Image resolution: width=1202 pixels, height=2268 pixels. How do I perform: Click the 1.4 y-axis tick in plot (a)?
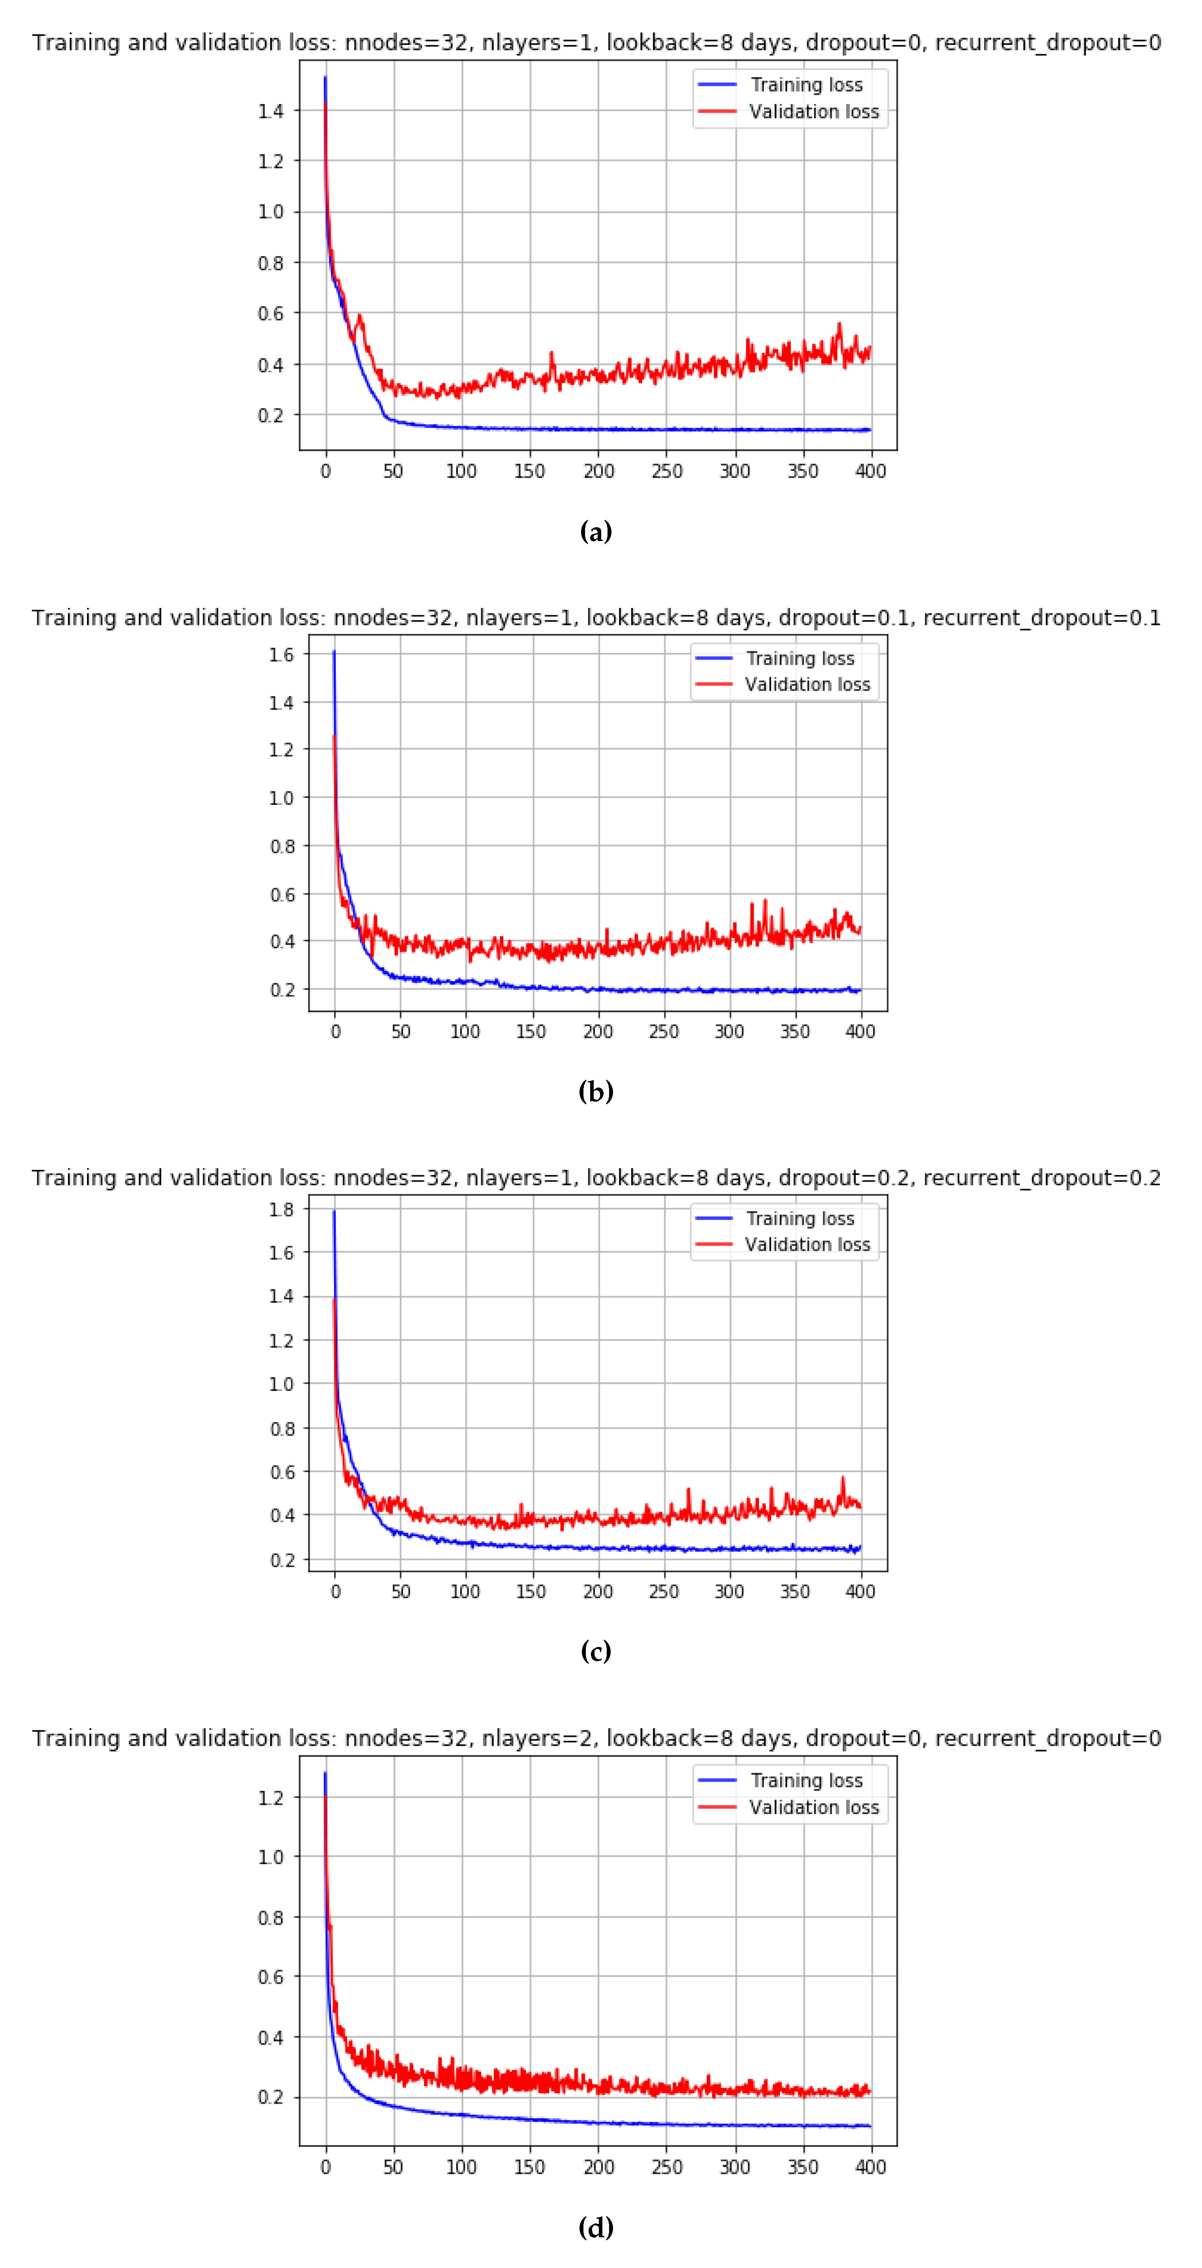(270, 111)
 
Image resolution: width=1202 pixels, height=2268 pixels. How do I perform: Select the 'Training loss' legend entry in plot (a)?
(806, 85)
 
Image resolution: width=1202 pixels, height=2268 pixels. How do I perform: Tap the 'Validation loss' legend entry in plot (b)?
(806, 684)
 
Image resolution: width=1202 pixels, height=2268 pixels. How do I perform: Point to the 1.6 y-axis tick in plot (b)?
(281, 654)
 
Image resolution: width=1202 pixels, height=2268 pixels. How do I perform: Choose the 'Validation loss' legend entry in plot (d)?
(814, 1807)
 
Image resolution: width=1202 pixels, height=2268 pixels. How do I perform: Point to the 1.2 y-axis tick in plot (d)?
(270, 1797)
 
